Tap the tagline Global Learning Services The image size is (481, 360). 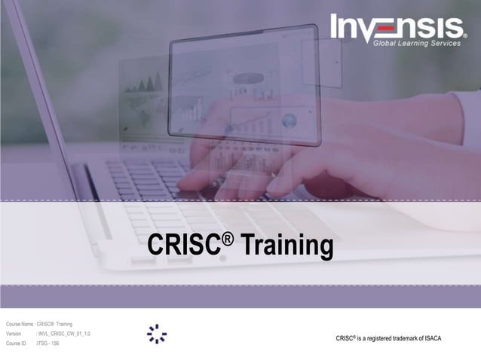[418, 43]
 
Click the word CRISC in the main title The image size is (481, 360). [182, 246]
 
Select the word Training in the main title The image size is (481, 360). [287, 246]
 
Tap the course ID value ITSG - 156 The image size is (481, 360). [48, 343]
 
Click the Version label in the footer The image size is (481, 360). [14, 334]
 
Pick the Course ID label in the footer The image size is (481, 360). [16, 343]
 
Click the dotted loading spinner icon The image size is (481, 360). [157, 334]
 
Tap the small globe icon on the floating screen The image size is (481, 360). [289, 121]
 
